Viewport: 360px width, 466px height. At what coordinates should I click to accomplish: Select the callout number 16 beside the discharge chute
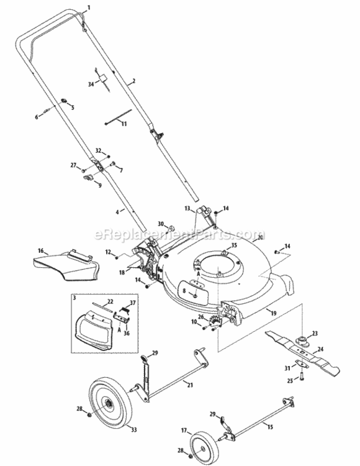coord(41,251)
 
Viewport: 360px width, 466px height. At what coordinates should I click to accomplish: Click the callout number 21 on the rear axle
coord(189,386)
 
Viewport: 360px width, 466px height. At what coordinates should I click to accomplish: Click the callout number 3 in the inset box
coord(74,299)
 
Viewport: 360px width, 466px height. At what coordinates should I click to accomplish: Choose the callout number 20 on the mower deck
coord(260,237)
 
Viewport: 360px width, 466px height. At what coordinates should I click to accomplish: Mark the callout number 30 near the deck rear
coord(160,224)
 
